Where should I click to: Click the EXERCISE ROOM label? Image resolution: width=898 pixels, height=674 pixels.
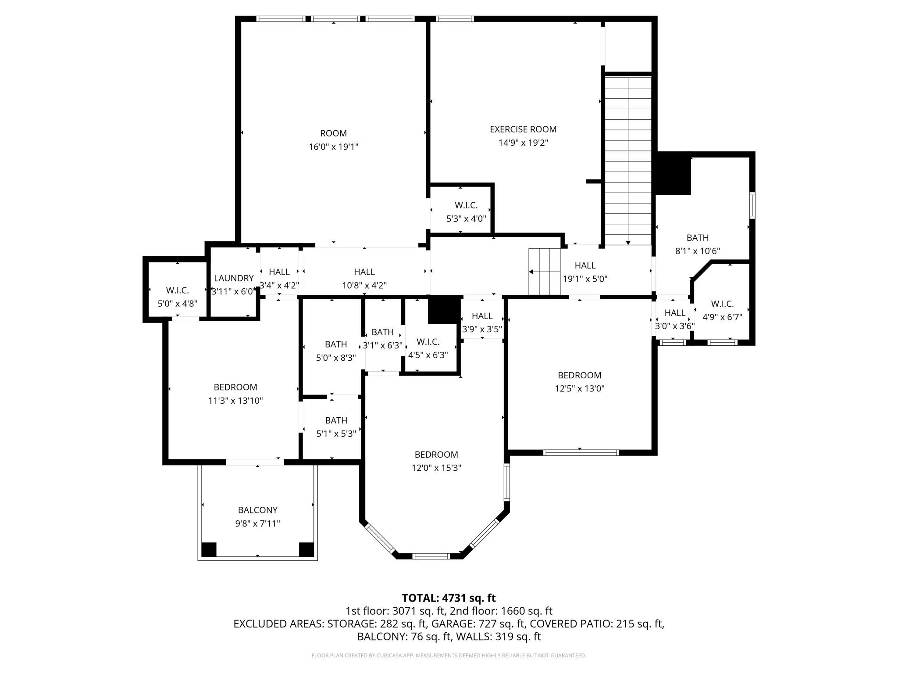tap(523, 129)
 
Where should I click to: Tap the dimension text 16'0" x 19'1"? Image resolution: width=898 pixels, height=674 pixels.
tap(333, 147)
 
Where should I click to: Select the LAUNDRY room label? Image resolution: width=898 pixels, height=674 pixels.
tap(234, 278)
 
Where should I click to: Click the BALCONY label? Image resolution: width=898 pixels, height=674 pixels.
tap(257, 510)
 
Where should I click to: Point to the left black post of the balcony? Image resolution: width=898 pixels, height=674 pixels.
tap(209, 550)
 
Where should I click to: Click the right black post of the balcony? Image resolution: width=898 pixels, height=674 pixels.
tap(306, 550)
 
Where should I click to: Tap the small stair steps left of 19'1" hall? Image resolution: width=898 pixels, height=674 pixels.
tap(545, 272)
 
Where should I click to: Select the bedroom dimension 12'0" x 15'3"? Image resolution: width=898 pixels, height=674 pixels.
tap(436, 468)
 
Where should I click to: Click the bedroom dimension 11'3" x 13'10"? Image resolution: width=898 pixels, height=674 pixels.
tap(235, 401)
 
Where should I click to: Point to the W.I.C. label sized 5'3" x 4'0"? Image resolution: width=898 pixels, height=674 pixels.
tap(466, 205)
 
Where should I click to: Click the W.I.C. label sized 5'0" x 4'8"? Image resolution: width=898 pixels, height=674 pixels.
tap(177, 290)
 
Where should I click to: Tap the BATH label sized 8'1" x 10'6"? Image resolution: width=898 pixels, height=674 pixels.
tap(697, 238)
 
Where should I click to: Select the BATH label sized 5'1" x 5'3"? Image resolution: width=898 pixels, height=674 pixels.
tap(336, 420)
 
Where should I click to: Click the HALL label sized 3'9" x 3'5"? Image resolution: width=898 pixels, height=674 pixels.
tap(482, 316)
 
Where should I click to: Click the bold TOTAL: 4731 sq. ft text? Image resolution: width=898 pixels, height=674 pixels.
tap(449, 598)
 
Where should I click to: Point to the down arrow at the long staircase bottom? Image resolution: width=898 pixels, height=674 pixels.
tap(628, 242)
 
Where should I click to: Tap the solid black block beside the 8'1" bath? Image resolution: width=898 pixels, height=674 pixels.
tap(673, 174)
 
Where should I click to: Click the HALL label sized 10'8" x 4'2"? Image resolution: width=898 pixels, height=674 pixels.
tap(364, 272)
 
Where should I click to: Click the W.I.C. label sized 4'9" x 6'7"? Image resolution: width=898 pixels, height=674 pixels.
tap(722, 304)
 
